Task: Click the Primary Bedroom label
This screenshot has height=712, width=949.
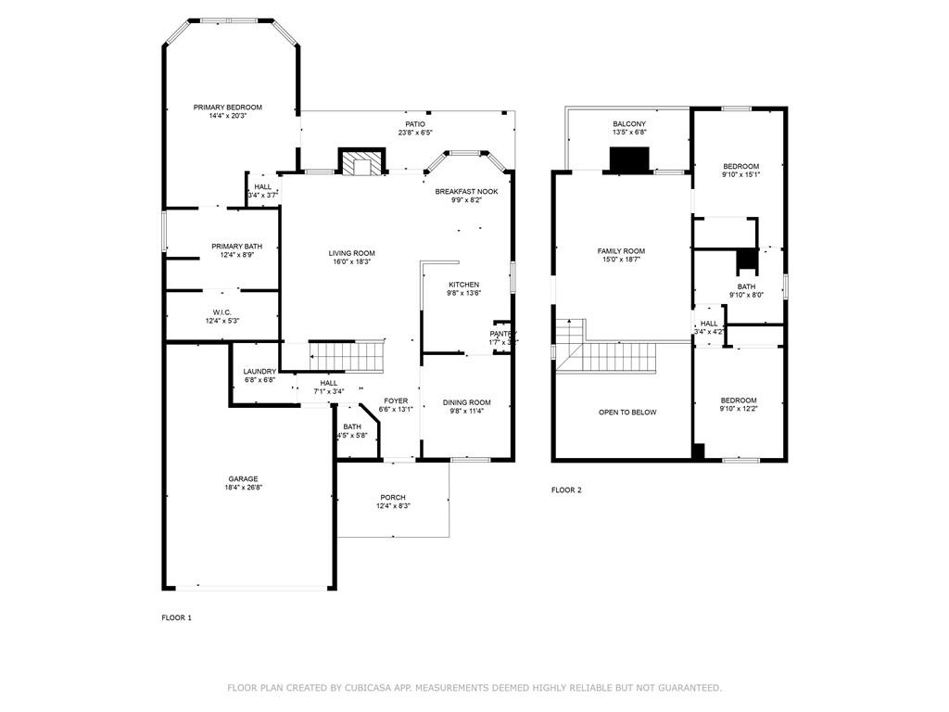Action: pos(227,108)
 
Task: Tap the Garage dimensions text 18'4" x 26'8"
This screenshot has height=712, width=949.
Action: pos(244,488)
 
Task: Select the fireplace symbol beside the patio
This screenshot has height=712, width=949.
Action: pos(361,163)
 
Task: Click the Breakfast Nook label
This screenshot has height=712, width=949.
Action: pos(466,191)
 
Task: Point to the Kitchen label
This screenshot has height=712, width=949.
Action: pos(463,285)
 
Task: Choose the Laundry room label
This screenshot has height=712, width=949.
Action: pos(259,371)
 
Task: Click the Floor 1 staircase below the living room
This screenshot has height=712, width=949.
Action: pos(347,355)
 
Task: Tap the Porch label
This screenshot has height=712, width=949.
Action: pos(393,498)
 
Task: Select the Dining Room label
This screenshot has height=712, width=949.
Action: pos(466,402)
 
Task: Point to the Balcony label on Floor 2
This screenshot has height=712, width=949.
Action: pos(629,123)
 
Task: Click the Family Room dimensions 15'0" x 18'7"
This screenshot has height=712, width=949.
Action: pos(621,260)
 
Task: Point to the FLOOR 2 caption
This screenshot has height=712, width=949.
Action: pos(566,490)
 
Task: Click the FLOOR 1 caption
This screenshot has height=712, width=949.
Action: pos(176,617)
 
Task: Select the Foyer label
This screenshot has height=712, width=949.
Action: pos(396,401)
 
